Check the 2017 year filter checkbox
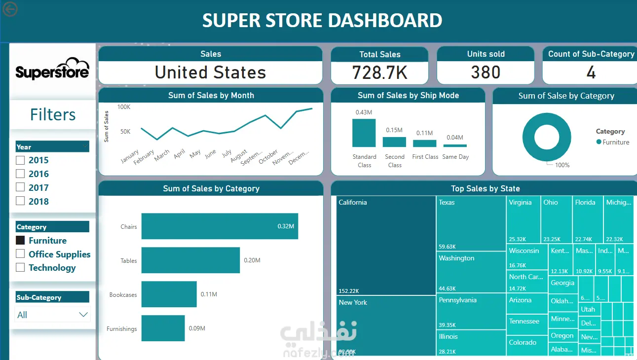(20, 187)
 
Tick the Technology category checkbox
(20, 267)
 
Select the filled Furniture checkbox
(20, 240)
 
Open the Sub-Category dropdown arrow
(83, 315)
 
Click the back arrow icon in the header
(10, 9)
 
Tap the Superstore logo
(52, 70)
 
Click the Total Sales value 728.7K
(379, 72)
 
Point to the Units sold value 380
(486, 72)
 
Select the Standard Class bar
(364, 133)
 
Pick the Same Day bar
(455, 145)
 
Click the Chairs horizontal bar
(220, 226)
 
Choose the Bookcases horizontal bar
(169, 294)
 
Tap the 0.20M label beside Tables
(252, 260)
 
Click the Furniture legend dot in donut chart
(599, 142)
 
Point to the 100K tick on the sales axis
(124, 107)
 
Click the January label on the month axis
(130, 156)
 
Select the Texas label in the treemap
(447, 202)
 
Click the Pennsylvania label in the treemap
(457, 300)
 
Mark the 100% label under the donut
(562, 165)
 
